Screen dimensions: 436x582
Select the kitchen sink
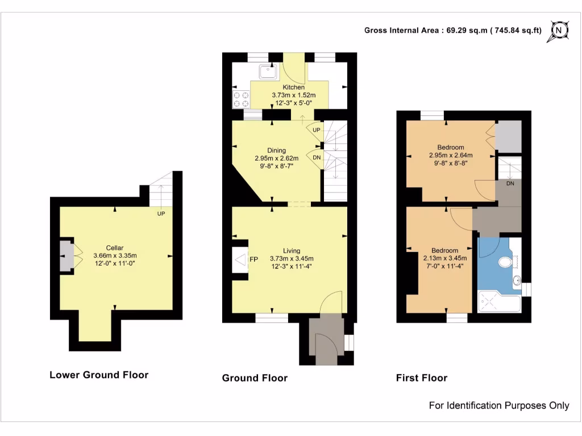266,72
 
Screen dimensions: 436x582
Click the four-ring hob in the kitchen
242,99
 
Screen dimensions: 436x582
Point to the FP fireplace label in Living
254,259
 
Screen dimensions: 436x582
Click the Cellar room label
115,248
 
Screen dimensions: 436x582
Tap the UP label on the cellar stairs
161,214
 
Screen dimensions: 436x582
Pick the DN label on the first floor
510,184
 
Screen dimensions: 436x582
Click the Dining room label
277,150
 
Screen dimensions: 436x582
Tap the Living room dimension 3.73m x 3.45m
292,259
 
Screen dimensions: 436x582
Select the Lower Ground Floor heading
99,375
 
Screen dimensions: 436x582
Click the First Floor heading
421,378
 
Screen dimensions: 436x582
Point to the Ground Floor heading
255,378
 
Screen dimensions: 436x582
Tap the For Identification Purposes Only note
498,405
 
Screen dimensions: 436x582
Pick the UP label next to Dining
317,130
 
